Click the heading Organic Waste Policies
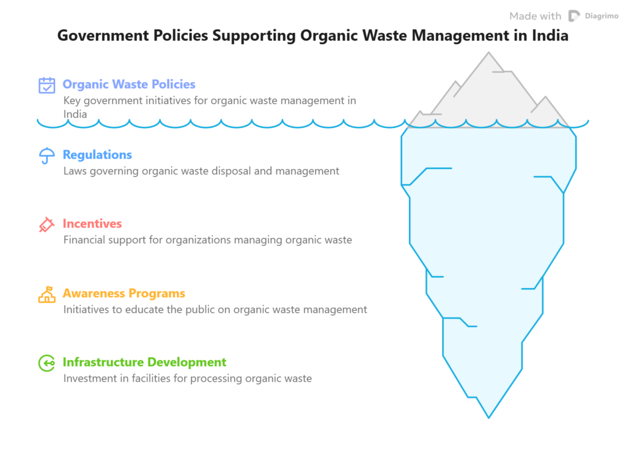[129, 84]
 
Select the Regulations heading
[97, 155]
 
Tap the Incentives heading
[92, 224]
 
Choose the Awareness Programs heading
[123, 294]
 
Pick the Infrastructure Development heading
[144, 363]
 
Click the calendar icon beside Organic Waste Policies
[47, 85]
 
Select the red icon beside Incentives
[46, 225]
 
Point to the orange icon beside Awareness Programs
[47, 295]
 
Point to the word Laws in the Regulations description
[75, 171]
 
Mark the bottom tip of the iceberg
[488, 418]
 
